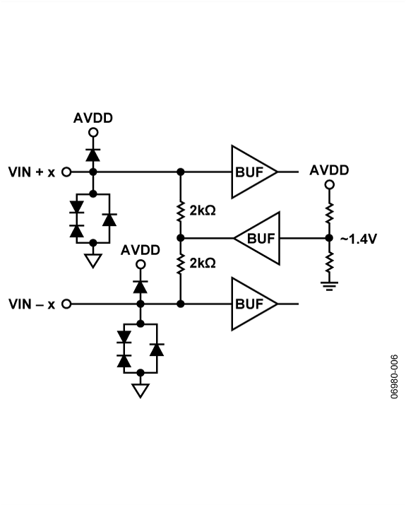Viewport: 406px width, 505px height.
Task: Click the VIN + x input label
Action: (31, 172)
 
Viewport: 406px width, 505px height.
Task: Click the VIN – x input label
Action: (31, 304)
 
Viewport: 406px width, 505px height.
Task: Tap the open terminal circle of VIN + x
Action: (67, 172)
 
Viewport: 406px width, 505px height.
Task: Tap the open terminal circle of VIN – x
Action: (67, 304)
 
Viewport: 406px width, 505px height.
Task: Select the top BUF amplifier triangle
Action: (251, 172)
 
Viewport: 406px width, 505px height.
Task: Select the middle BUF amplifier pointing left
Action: (259, 238)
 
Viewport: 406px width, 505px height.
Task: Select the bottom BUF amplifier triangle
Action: (251, 304)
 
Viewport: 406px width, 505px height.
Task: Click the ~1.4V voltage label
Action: (358, 239)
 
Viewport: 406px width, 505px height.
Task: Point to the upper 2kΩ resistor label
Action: (203, 210)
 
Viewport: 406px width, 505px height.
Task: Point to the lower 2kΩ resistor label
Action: (203, 263)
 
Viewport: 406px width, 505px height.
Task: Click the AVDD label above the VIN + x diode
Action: (92, 118)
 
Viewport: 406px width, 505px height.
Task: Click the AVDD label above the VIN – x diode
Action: (140, 250)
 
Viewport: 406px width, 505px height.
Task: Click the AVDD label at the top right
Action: (329, 170)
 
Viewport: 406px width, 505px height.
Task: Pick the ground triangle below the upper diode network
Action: (92, 261)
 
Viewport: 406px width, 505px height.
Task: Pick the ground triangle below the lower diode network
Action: (140, 390)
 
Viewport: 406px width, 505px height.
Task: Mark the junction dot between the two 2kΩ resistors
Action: (181, 238)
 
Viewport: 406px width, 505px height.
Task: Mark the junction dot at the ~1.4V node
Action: (329, 238)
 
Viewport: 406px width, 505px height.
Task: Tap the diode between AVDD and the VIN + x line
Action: (92, 154)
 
